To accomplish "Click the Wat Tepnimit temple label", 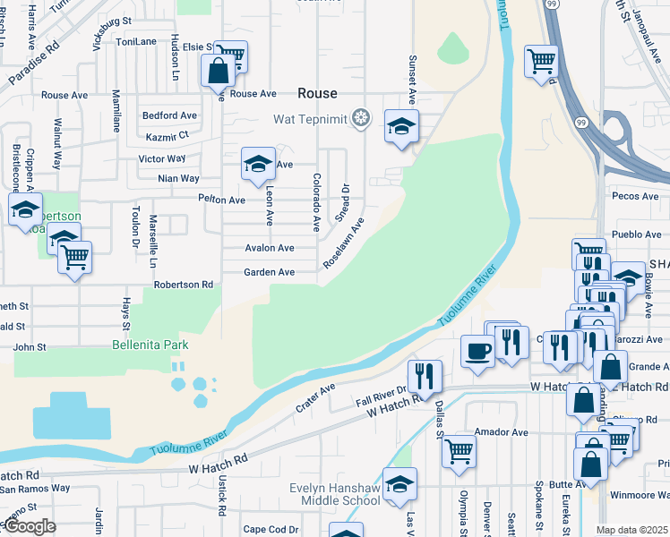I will coord(311,118).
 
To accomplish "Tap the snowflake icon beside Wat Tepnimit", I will coord(361,118).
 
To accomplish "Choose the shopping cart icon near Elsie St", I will coord(231,55).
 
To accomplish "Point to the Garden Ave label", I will coord(270,272).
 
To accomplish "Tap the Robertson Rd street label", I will coord(183,285).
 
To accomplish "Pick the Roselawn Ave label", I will coord(344,242).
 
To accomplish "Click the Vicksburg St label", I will coord(106,19).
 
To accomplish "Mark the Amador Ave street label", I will coord(502,432).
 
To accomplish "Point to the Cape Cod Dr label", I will coord(271,529).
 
